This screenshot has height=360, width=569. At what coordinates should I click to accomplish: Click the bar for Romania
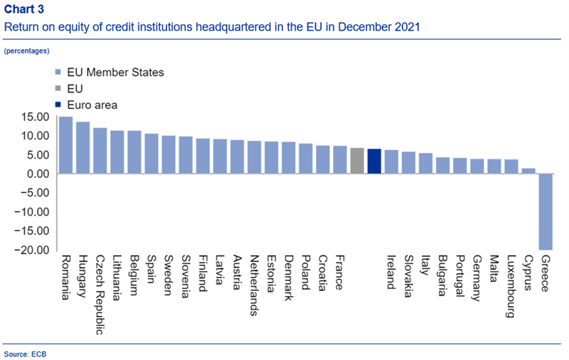coord(65,145)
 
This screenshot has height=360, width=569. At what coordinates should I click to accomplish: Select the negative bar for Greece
coord(546,211)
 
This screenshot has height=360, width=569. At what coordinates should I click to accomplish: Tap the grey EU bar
coord(357,161)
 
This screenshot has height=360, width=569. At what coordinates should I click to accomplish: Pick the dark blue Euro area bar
coord(374,162)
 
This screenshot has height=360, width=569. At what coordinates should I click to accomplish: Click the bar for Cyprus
coord(528,171)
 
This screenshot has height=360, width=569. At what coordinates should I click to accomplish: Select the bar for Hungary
coord(83,148)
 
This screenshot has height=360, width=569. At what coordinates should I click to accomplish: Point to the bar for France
coord(340,160)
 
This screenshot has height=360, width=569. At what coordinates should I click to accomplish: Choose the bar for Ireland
coord(391,162)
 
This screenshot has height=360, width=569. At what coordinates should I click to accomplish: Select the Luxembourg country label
coord(511,286)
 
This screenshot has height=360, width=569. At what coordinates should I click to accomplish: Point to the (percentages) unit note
coord(26,51)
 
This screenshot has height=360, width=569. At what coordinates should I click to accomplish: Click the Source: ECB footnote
coord(25,353)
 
